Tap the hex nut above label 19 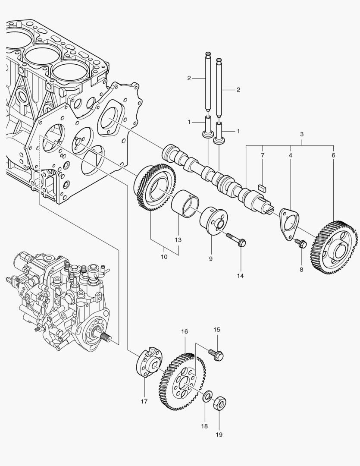(220, 402)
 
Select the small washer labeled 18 (208, 396)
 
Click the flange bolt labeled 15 (216, 354)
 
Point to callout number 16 (185, 331)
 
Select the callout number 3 (302, 135)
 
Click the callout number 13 (178, 239)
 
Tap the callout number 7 (262, 154)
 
